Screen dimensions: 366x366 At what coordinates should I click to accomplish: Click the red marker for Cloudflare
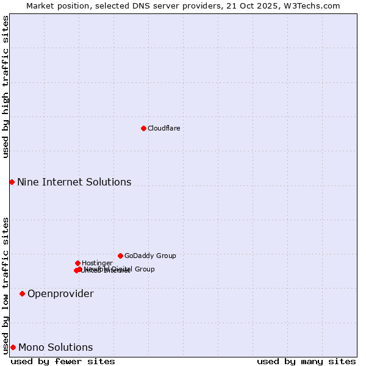[143, 128]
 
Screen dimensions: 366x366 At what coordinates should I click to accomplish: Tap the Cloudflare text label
[163, 128]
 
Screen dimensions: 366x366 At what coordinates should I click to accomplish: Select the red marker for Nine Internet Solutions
[12, 182]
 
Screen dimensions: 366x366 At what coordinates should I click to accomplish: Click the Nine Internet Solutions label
[74, 182]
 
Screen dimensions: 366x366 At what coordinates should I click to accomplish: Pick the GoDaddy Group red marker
[120, 256]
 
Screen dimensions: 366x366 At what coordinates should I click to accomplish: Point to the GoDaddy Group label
[150, 256]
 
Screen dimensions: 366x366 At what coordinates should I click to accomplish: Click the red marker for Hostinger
[77, 263]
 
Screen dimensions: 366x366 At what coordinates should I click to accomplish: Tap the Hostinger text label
[97, 263]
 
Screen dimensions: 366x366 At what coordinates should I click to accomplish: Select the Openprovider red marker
[22, 293]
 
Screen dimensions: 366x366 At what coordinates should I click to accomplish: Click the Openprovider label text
[60, 293]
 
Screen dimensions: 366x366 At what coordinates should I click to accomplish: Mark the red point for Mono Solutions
[13, 347]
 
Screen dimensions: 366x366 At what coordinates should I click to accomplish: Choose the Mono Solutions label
[56, 347]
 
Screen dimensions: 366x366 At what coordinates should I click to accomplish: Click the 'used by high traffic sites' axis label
[5, 87]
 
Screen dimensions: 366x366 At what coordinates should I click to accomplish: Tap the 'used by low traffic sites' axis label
[5, 285]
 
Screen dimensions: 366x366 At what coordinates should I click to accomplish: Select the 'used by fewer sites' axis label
[63, 361]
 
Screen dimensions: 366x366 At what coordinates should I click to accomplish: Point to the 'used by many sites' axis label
[306, 361]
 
